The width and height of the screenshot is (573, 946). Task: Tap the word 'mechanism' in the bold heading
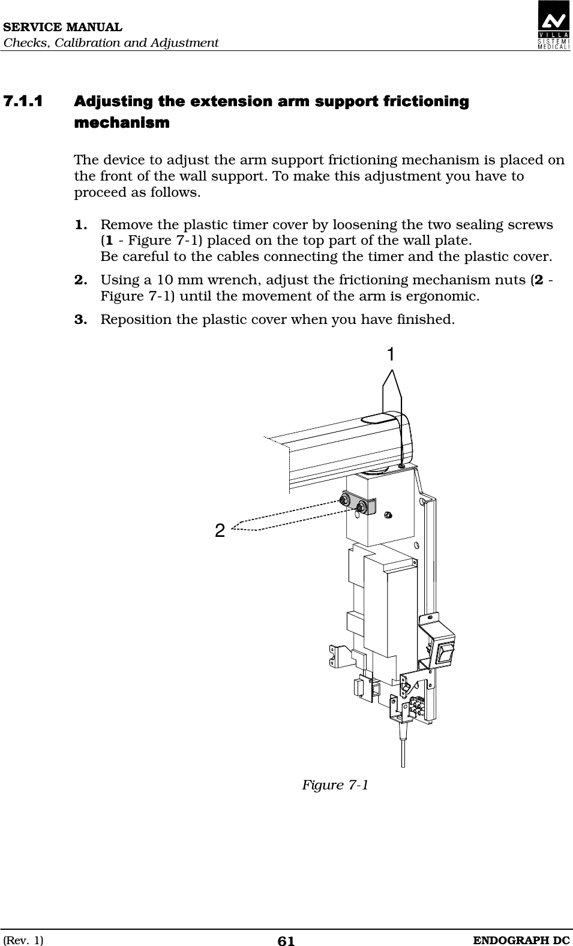coord(122,124)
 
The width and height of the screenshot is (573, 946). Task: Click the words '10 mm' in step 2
coord(179,280)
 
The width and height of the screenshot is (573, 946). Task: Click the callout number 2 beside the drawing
coord(220,530)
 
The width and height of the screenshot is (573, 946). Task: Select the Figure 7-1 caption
coord(335,785)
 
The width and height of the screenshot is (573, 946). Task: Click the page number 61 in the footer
coord(286,941)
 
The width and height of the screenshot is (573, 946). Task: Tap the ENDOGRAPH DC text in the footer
coord(521,940)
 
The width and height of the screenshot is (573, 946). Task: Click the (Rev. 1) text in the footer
coord(23,940)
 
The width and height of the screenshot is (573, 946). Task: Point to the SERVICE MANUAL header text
coord(62,28)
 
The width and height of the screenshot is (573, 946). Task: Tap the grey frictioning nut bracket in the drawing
coord(358,506)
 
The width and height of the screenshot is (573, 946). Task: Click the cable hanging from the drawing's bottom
coord(403,750)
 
